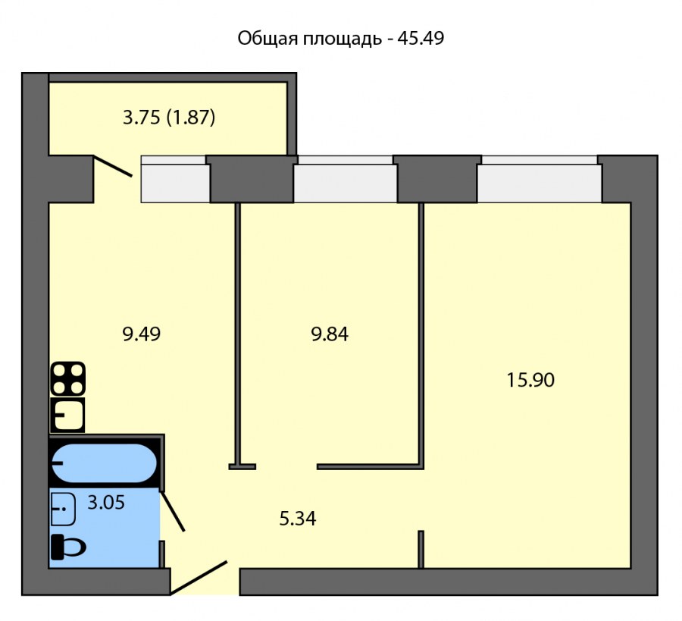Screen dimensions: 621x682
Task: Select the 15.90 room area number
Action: tap(530, 379)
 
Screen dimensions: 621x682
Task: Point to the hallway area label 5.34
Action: tap(298, 519)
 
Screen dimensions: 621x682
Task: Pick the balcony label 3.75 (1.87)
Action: tap(170, 118)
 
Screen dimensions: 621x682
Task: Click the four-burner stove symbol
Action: tap(67, 378)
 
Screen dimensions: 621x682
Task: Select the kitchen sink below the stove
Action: tap(67, 415)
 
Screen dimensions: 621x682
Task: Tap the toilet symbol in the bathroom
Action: tap(67, 547)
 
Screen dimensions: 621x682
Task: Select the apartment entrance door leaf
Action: tap(199, 577)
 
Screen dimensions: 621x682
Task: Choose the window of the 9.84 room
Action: tap(345, 179)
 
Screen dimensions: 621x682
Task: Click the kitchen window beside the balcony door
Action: tap(175, 179)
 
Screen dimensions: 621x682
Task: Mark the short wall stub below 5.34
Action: tap(421, 549)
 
